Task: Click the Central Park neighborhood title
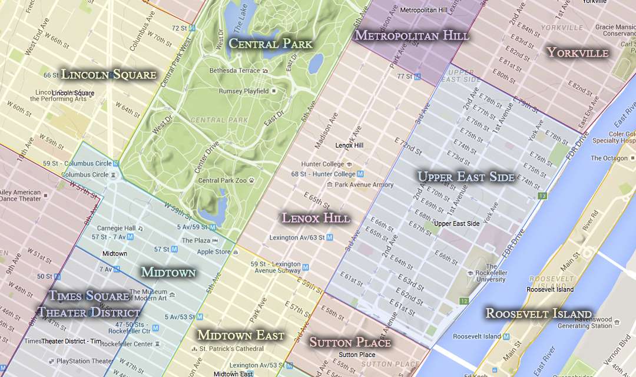(x=270, y=43)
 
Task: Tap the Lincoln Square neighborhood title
(x=109, y=74)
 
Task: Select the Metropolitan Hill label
(x=412, y=35)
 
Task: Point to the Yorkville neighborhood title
(x=577, y=52)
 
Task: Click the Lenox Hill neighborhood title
(x=316, y=218)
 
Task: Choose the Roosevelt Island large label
(x=538, y=313)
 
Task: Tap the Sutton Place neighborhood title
(x=350, y=342)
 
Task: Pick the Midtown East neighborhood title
(x=240, y=335)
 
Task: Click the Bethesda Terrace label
(x=234, y=71)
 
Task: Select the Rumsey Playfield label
(x=243, y=91)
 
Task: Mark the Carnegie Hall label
(x=116, y=228)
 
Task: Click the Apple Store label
(x=213, y=252)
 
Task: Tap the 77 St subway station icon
(x=418, y=77)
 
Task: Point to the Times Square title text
(x=89, y=296)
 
